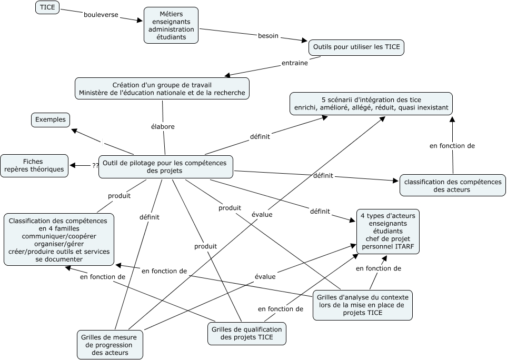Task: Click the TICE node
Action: click(47, 7)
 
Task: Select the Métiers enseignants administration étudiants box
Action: click(171, 25)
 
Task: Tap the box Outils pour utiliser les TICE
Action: click(356, 47)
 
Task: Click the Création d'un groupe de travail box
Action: click(162, 89)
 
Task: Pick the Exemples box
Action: click(51, 119)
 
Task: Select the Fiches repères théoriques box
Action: click(34, 165)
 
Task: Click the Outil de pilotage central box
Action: click(165, 167)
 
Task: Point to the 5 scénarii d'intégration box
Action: click(371, 104)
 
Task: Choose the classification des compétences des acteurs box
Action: click(452, 185)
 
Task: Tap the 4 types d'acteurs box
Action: click(388, 232)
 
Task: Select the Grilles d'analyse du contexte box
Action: click(362, 305)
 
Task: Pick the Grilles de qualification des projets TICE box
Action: click(246, 333)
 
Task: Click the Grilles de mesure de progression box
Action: click(110, 344)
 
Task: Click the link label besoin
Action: click(268, 36)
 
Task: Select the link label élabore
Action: click(162, 126)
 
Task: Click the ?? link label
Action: click(95, 165)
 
